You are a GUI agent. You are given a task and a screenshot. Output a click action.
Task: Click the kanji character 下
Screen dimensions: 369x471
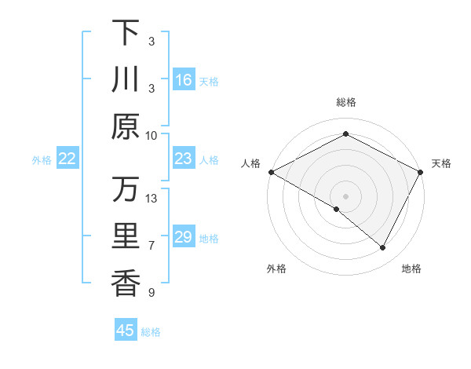tap(126, 33)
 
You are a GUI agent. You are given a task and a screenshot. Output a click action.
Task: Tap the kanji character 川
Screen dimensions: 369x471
tap(126, 80)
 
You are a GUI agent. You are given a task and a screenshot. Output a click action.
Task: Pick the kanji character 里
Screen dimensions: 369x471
tap(126, 237)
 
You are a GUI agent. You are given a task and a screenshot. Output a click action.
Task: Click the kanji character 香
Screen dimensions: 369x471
tap(126, 283)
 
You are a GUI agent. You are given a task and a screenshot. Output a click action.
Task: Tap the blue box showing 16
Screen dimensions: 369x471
tap(184, 80)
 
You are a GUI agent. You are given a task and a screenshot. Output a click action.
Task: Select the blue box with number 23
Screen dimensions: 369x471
tap(184, 159)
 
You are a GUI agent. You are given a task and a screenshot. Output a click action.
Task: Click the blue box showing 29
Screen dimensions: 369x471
tap(184, 237)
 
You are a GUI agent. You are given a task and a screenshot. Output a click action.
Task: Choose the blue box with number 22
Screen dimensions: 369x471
tap(68, 159)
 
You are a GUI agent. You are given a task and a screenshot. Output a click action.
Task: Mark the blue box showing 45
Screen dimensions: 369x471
tap(126, 331)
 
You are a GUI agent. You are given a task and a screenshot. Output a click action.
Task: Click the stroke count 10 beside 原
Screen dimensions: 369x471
tap(152, 135)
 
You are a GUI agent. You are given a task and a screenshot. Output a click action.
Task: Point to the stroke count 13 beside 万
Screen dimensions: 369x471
tap(152, 199)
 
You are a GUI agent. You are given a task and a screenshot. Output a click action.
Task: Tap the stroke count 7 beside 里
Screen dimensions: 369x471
tap(152, 246)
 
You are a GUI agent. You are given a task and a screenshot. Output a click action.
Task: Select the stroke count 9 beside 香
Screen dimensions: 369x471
tap(152, 293)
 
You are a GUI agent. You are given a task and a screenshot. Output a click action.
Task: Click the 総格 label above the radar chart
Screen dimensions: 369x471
tap(345, 103)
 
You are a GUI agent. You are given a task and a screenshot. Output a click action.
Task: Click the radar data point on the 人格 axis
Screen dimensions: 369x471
tap(271, 172)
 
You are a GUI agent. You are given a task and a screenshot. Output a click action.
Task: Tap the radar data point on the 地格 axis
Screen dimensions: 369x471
tap(383, 248)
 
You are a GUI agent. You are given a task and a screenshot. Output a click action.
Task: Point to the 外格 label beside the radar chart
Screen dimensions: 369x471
tap(276, 269)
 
